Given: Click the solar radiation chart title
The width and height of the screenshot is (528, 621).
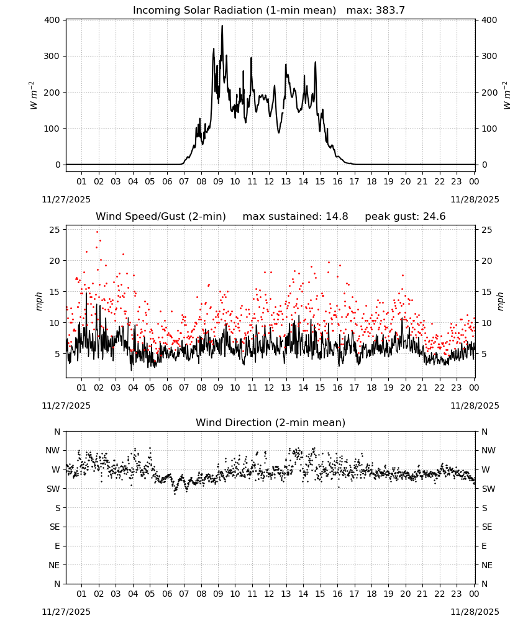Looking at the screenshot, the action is (x=269, y=10).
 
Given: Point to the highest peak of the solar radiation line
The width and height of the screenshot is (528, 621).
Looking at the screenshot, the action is (x=222, y=25).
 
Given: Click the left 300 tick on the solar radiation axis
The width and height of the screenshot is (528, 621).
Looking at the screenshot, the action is (x=52, y=57).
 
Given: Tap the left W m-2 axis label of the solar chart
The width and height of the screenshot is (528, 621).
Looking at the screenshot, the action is (x=34, y=96).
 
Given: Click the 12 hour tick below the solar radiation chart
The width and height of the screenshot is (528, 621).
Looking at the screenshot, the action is (x=269, y=181).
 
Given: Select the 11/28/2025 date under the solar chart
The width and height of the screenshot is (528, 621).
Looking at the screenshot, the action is (x=475, y=199).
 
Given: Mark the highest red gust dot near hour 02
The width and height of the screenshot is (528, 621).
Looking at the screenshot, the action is (x=98, y=232).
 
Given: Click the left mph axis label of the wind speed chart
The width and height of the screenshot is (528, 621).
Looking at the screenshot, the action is (x=39, y=301).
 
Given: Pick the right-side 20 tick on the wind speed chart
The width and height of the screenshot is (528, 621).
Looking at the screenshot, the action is (x=487, y=261).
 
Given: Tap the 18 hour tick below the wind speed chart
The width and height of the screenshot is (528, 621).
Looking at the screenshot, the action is (x=371, y=388).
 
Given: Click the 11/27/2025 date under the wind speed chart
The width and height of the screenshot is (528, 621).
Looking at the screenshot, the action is (x=66, y=406).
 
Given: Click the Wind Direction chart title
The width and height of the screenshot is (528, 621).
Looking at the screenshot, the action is (x=271, y=422).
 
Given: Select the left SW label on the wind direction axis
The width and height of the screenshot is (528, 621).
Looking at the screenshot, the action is (x=53, y=489).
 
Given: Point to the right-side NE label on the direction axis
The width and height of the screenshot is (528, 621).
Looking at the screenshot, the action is (x=487, y=566).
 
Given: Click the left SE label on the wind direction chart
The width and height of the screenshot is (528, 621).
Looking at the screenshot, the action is (x=55, y=527).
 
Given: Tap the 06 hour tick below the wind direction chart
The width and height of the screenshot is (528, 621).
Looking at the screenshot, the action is (x=167, y=594).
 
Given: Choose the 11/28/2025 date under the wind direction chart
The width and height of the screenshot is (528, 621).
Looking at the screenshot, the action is (x=475, y=612).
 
